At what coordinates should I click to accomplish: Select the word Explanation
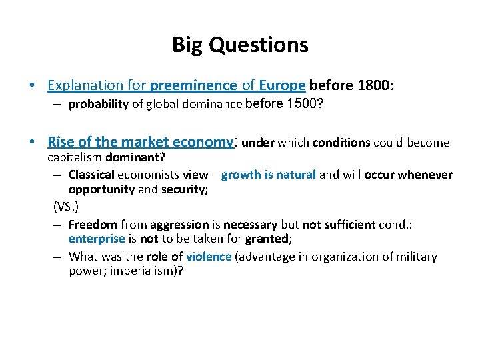(x=85, y=85)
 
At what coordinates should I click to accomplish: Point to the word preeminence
(x=194, y=85)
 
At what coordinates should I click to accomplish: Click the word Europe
(x=282, y=85)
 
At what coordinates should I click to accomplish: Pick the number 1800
(x=375, y=85)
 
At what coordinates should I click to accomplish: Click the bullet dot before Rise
(x=33, y=143)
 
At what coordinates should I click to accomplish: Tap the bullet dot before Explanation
(x=33, y=86)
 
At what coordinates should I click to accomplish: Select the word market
(x=145, y=142)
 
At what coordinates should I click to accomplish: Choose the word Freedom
(x=93, y=225)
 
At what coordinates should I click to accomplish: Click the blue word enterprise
(x=97, y=239)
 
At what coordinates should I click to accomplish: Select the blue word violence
(x=209, y=257)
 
